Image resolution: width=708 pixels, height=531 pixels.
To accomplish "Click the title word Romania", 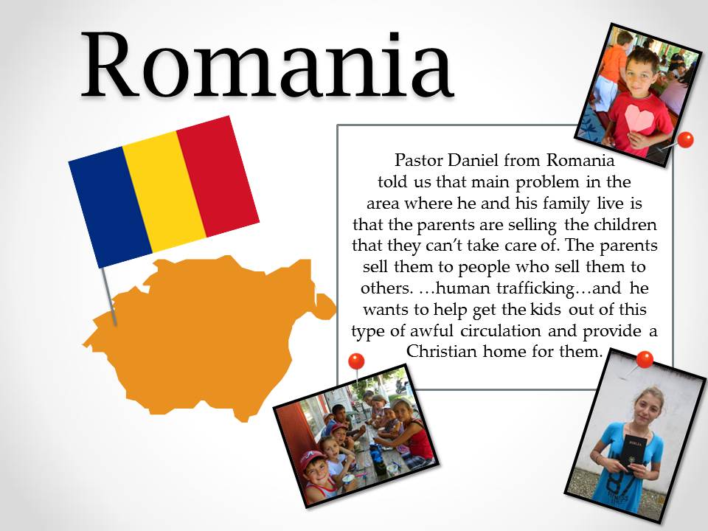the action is [x=267, y=65].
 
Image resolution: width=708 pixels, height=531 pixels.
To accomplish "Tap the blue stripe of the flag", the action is [x=110, y=206].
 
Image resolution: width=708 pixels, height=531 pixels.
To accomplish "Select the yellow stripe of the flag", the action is [x=164, y=192].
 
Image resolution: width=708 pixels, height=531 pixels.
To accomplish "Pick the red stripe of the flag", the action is [x=218, y=176].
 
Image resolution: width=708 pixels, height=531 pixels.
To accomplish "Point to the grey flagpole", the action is [x=109, y=296].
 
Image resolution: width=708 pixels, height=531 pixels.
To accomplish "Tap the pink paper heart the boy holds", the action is [x=639, y=119].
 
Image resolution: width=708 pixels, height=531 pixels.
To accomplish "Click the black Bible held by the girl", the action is [x=634, y=453].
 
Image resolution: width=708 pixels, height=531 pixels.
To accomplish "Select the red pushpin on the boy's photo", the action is [x=685, y=139].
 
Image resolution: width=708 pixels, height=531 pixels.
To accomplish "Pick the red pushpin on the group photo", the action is [x=356, y=361].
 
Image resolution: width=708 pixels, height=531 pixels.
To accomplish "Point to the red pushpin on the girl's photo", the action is [x=645, y=359].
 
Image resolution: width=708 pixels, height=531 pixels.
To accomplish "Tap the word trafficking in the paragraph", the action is [x=535, y=288].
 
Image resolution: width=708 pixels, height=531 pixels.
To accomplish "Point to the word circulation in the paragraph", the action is [x=500, y=330].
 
